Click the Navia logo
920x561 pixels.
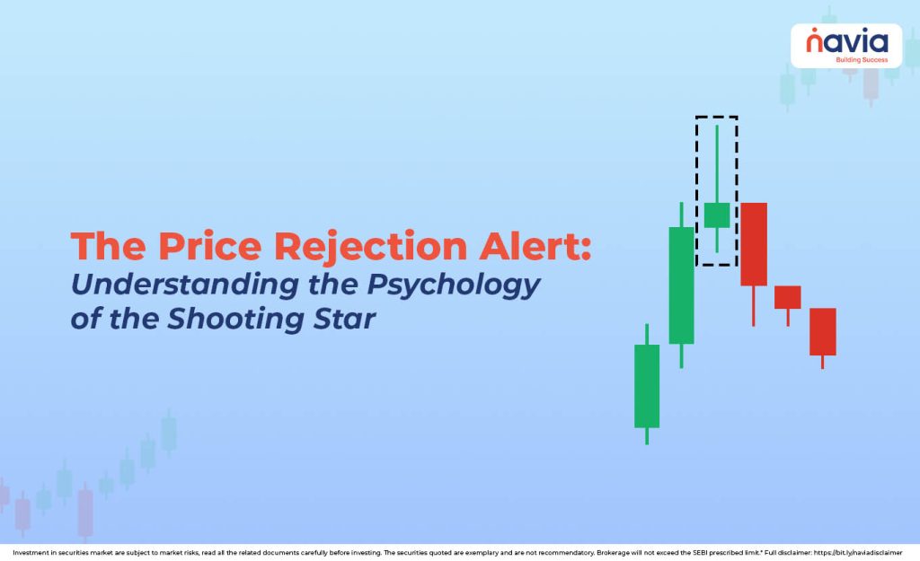(845, 41)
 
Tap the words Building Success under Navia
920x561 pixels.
(861, 59)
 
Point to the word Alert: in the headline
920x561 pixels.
(537, 247)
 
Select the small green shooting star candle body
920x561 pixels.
(716, 215)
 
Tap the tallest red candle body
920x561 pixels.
(753, 243)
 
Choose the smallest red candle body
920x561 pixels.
(787, 297)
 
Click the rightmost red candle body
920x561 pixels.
(822, 331)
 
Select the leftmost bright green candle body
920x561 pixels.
(647, 386)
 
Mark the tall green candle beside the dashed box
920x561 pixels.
(681, 285)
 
